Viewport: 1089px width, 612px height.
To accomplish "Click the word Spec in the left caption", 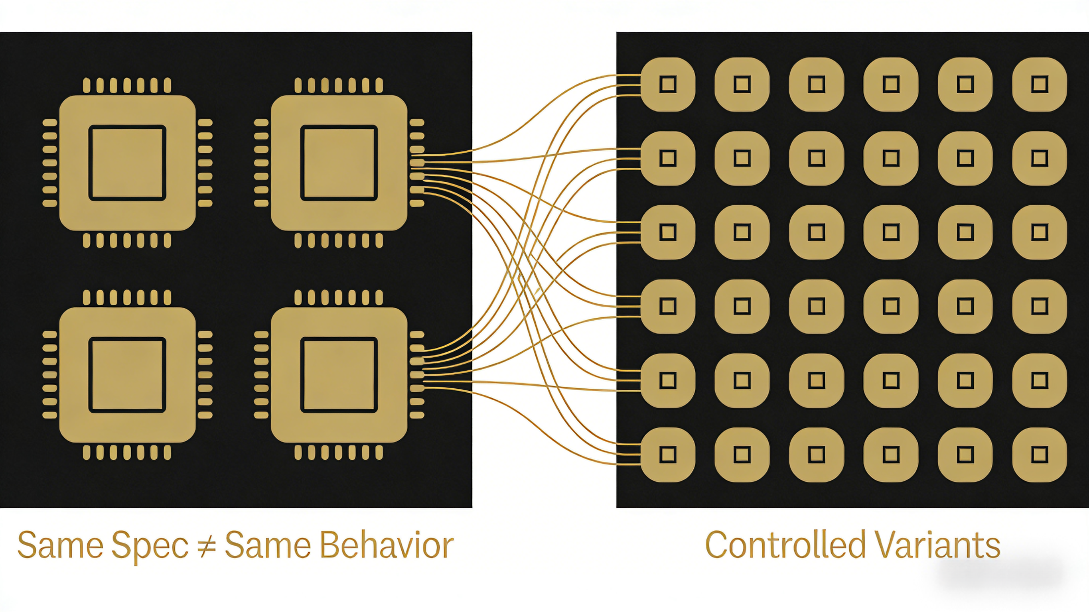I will pyautogui.click(x=150, y=546).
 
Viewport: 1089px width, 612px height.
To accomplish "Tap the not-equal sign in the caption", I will pyautogui.click(x=207, y=546).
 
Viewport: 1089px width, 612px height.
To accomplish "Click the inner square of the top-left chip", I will pyautogui.click(x=127, y=163).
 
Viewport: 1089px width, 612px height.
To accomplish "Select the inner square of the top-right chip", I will pyautogui.click(x=339, y=163).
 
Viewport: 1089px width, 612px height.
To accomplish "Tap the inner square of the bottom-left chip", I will pyautogui.click(x=127, y=375).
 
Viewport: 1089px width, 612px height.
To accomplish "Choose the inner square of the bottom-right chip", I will pyautogui.click(x=339, y=375).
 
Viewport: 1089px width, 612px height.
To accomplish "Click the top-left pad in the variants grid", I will pyautogui.click(x=668, y=84).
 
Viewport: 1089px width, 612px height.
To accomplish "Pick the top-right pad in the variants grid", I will pyautogui.click(x=1040, y=84).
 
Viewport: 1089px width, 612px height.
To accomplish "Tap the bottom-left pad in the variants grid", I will pyautogui.click(x=668, y=455).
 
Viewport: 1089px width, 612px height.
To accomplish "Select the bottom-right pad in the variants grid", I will pyautogui.click(x=1040, y=455).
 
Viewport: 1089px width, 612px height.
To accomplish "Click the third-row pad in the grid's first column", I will pyautogui.click(x=668, y=232).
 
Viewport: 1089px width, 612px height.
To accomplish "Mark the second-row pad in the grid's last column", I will pyautogui.click(x=1040, y=158).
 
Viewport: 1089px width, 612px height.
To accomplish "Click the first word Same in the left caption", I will pyautogui.click(x=61, y=546).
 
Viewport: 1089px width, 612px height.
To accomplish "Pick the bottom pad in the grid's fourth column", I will pyautogui.click(x=891, y=455).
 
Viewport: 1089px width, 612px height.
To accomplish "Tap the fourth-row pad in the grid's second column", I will pyautogui.click(x=742, y=307).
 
